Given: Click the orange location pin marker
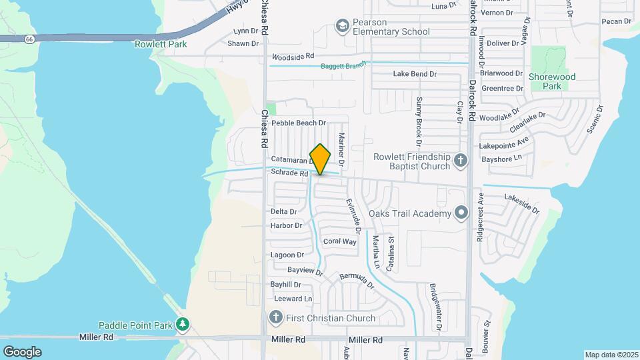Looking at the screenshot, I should click(x=320, y=159).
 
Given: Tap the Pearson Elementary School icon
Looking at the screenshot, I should click(x=342, y=26).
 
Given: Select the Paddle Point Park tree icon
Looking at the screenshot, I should click(x=183, y=325).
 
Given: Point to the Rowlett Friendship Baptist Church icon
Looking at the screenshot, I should click(x=460, y=161).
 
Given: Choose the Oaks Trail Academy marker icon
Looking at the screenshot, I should click(x=461, y=213).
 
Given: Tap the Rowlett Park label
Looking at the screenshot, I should click(x=160, y=45).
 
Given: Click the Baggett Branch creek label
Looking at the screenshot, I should click(x=344, y=65).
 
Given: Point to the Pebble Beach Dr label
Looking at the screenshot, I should click(x=298, y=123).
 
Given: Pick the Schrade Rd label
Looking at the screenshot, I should click(x=289, y=173).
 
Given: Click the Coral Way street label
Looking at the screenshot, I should click(x=339, y=241).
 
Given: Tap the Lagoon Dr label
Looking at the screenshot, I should click(x=287, y=255).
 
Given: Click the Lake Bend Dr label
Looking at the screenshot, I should click(x=415, y=73).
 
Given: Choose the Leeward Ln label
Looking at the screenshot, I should click(x=293, y=299).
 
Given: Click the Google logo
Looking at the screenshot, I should click(x=22, y=351).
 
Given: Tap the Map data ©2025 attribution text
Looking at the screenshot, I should click(x=611, y=355).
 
